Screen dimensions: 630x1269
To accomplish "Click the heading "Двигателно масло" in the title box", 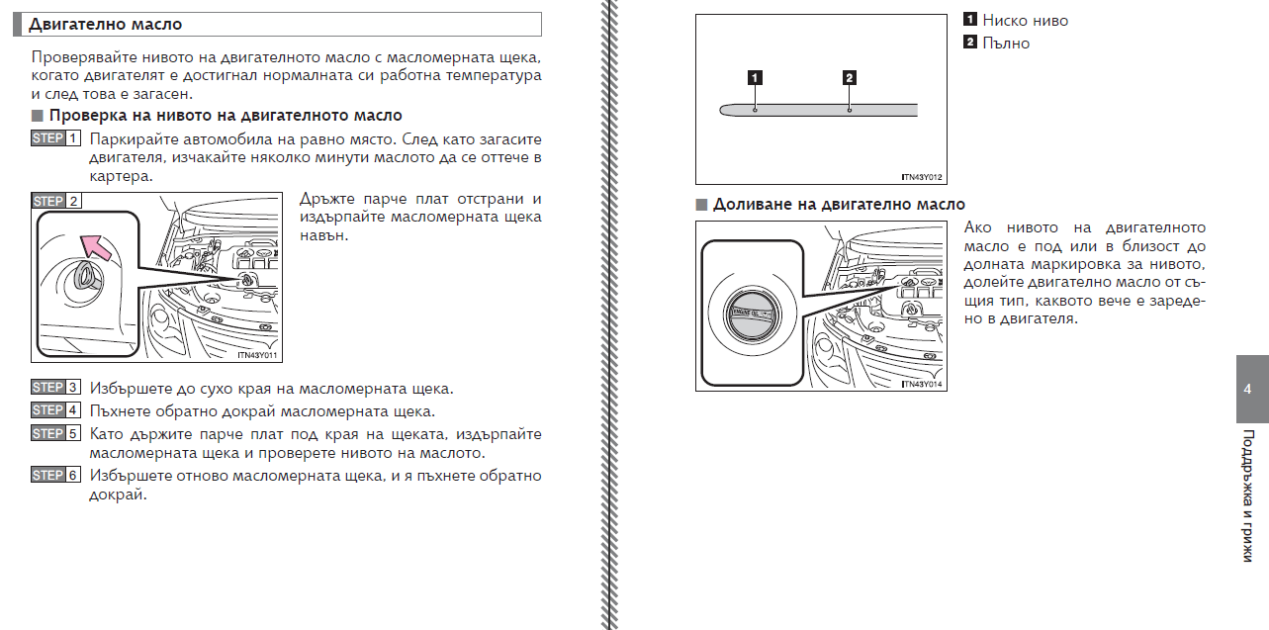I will pyautogui.click(x=105, y=24).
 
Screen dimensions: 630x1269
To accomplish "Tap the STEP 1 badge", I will pyautogui.click(x=55, y=139).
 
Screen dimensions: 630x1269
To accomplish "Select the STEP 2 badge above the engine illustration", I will pyautogui.click(x=55, y=201).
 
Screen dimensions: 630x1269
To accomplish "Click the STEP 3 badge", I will pyautogui.click(x=55, y=388).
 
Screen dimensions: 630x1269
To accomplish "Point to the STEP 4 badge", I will pyautogui.click(x=55, y=410).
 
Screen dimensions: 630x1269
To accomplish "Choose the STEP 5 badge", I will pyautogui.click(x=55, y=434).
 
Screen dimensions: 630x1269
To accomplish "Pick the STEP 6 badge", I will pyautogui.click(x=55, y=476).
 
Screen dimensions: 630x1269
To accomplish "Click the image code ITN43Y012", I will pyautogui.click(x=922, y=177).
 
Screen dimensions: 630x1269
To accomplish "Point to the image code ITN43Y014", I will pyautogui.click(x=922, y=384).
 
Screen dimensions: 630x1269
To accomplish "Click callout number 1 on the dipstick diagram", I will pyautogui.click(x=755, y=77).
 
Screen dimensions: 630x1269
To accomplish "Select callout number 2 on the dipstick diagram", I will pyautogui.click(x=850, y=77).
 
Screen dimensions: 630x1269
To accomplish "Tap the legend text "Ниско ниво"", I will pyautogui.click(x=1025, y=20).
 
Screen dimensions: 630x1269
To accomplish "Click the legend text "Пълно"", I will pyautogui.click(x=1006, y=43).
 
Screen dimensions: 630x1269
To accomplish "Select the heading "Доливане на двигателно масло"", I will pyautogui.click(x=839, y=205).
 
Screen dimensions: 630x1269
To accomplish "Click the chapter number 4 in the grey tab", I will pyautogui.click(x=1247, y=389).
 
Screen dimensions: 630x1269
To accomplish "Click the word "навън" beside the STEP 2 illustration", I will pyautogui.click(x=323, y=236).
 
